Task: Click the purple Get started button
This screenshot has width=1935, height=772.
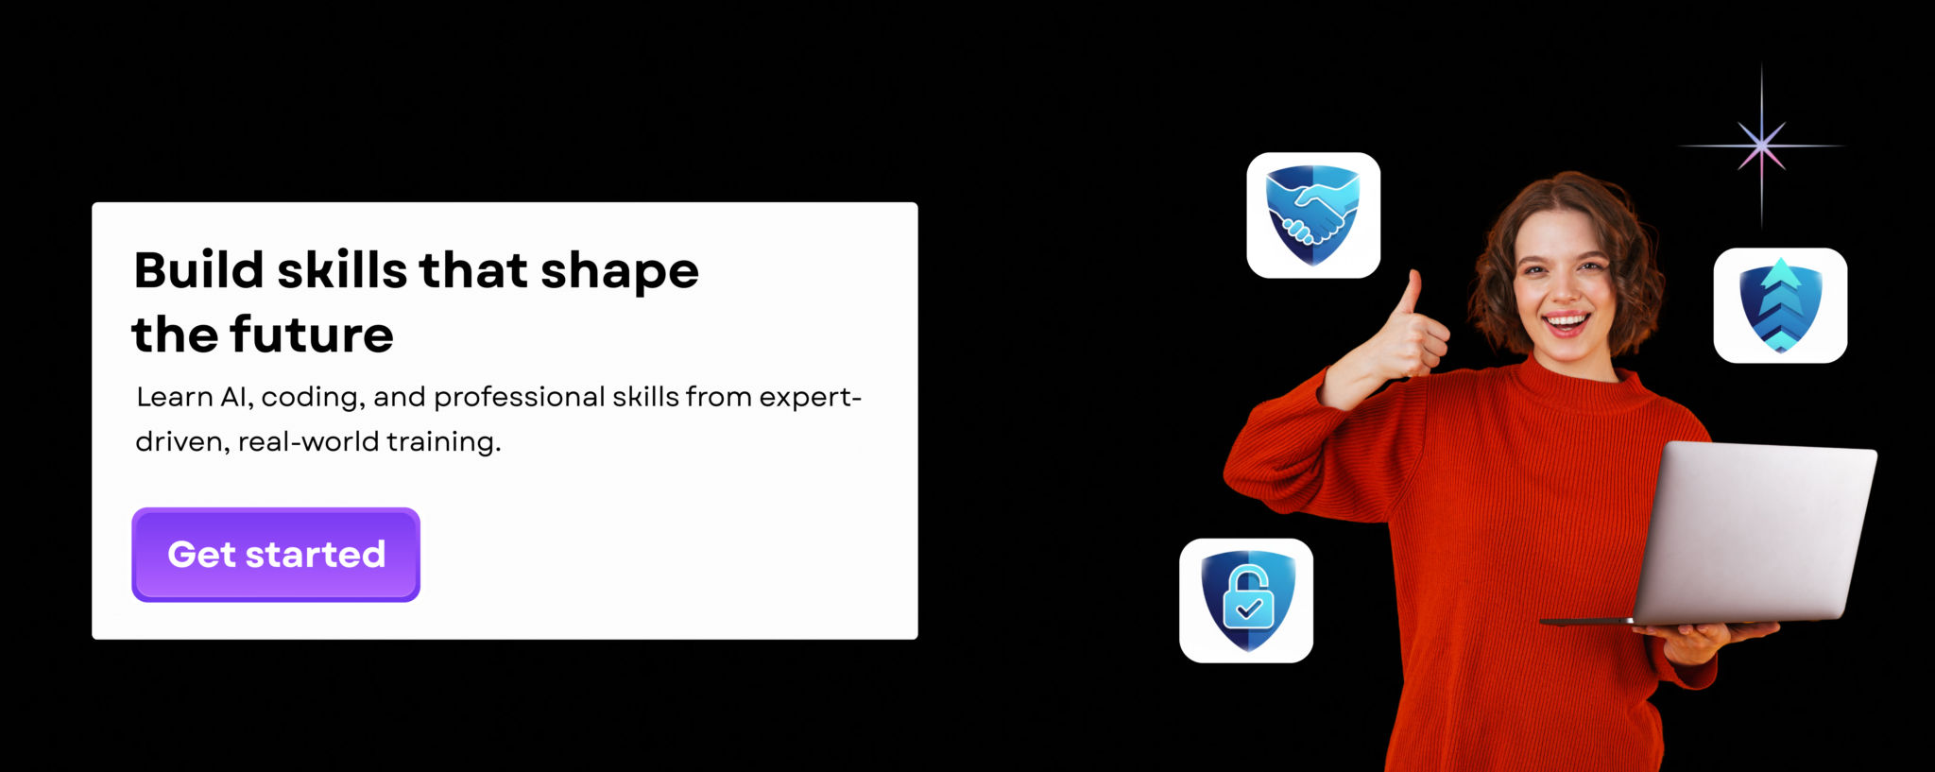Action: [x=275, y=555]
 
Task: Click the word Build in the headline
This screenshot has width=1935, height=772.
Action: [x=197, y=270]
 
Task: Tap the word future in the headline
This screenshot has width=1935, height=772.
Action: [x=311, y=335]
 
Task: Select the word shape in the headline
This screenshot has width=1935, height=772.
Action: [x=619, y=272]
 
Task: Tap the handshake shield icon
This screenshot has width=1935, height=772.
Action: [x=1313, y=215]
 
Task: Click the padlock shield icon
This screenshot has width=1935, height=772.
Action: [x=1246, y=601]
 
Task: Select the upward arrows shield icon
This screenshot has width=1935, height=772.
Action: [x=1780, y=305]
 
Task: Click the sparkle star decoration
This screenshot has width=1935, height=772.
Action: [x=1761, y=146]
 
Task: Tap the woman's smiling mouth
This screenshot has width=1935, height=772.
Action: [x=1566, y=323]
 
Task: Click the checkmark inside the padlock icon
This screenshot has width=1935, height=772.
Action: [x=1249, y=609]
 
